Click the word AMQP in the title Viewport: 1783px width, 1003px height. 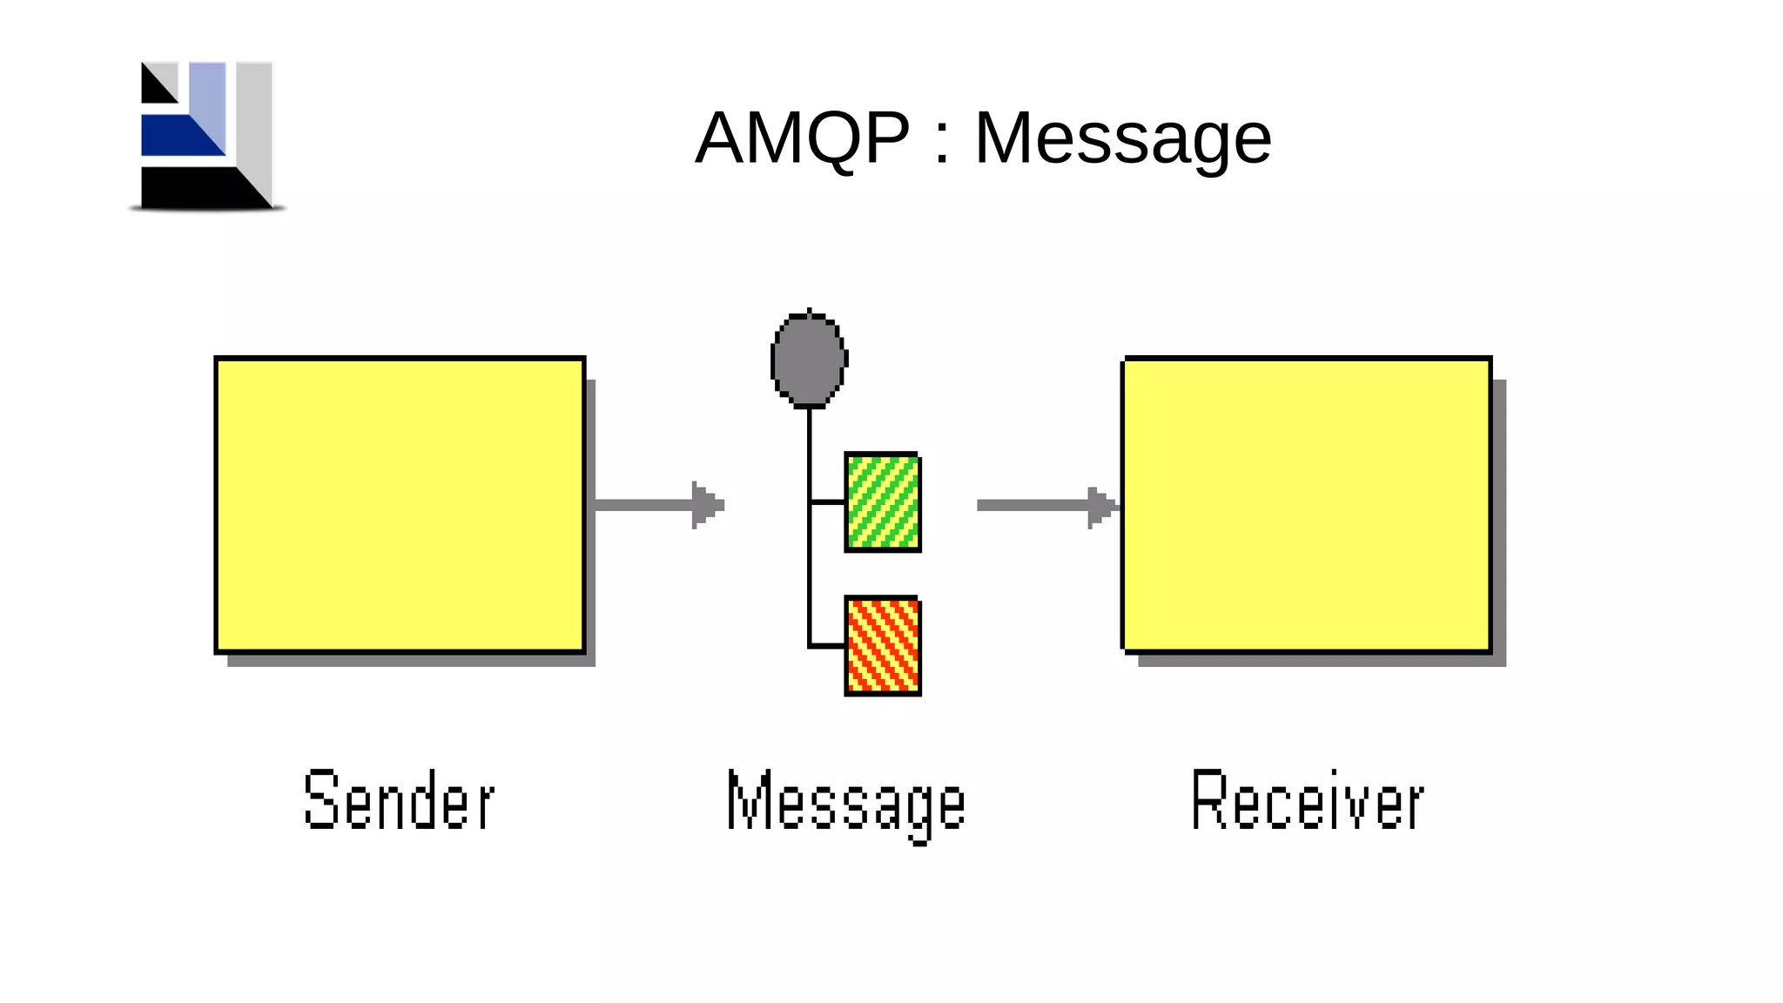click(x=802, y=138)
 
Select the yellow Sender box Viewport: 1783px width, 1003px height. click(x=400, y=505)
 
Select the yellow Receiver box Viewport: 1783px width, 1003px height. click(x=1307, y=505)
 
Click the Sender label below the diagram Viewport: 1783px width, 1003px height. click(x=400, y=800)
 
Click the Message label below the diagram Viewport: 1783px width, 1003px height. click(x=846, y=803)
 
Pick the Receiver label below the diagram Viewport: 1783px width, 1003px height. click(x=1307, y=800)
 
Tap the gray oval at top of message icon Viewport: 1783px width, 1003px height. click(x=809, y=360)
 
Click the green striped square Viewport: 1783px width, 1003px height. click(x=883, y=502)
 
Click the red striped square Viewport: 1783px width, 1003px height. click(x=883, y=646)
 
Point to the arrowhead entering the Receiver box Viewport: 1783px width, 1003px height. click(x=1101, y=506)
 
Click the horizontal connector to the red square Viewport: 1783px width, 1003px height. click(x=827, y=646)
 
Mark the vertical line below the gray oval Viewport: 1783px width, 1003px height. click(x=809, y=453)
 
